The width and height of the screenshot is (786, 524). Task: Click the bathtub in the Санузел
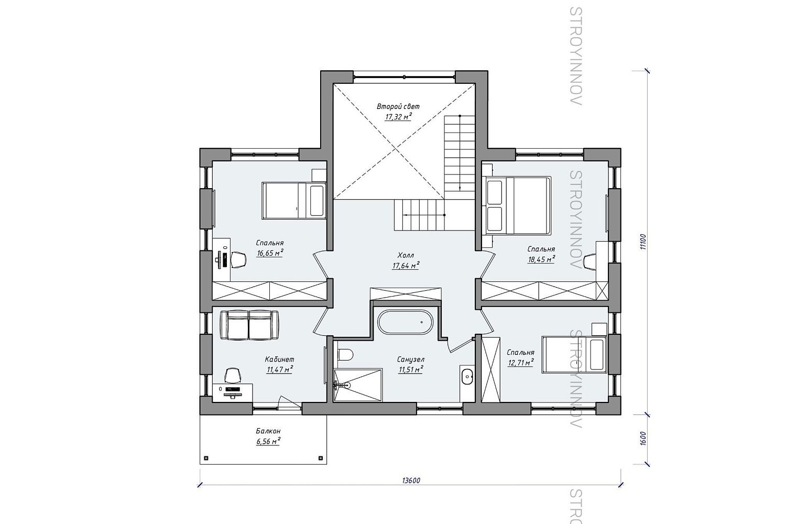pyautogui.click(x=405, y=322)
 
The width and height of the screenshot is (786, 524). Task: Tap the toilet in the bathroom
pyautogui.click(x=345, y=355)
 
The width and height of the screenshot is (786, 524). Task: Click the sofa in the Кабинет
pyautogui.click(x=249, y=325)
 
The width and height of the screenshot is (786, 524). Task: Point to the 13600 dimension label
pyautogui.click(x=411, y=481)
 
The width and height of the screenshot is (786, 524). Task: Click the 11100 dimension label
pyautogui.click(x=643, y=242)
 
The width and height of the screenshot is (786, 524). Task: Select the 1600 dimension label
pyautogui.click(x=643, y=439)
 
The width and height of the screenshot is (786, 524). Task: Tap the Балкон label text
pyautogui.click(x=268, y=431)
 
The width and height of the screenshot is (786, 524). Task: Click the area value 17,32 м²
pyautogui.click(x=398, y=117)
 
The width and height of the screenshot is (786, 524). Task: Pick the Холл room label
pyautogui.click(x=406, y=255)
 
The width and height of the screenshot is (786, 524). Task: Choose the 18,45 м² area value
pyautogui.click(x=541, y=259)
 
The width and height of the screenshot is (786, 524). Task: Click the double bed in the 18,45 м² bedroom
pyautogui.click(x=518, y=205)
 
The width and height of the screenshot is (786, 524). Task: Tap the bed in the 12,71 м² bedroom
pyautogui.click(x=574, y=354)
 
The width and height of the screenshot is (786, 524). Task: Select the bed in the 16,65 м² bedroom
pyautogui.click(x=294, y=200)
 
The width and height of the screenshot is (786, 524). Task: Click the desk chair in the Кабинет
pyautogui.click(x=233, y=375)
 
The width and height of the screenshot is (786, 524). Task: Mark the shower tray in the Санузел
pyautogui.click(x=358, y=384)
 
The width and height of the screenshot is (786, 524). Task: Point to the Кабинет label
pyautogui.click(x=279, y=359)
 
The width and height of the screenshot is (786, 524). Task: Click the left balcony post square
pyautogui.click(x=206, y=458)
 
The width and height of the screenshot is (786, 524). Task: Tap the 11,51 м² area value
pyautogui.click(x=410, y=369)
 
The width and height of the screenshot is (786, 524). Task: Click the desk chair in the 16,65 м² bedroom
pyautogui.click(x=238, y=260)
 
